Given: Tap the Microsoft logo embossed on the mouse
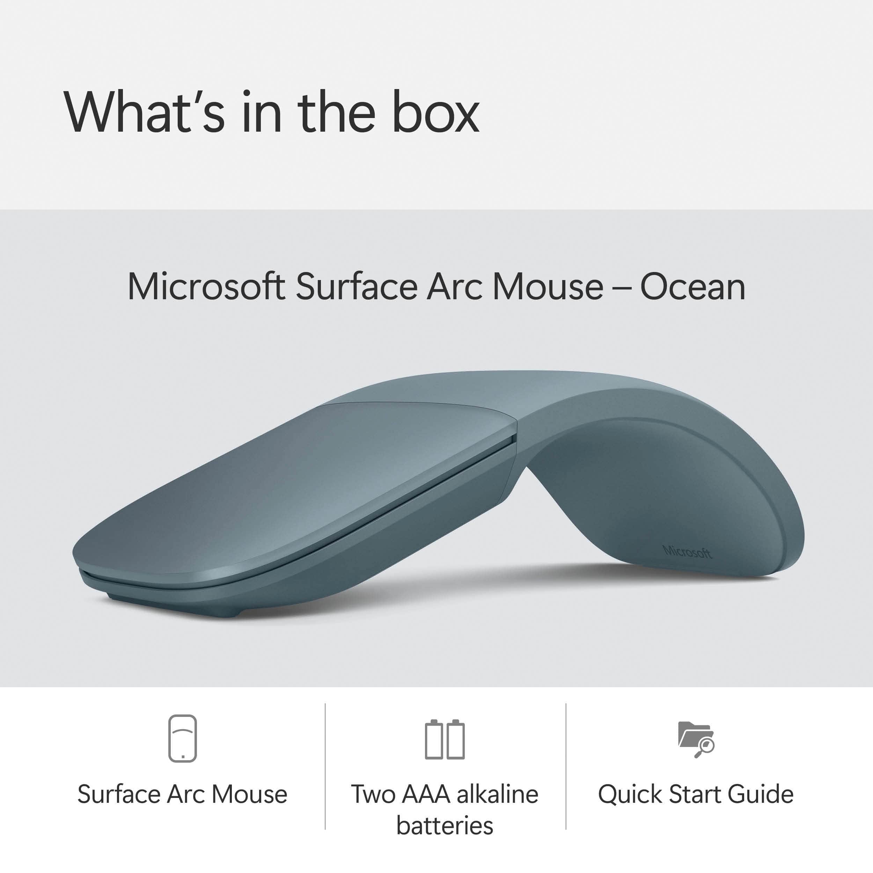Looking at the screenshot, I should [687, 552].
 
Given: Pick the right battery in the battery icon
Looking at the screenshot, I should [455, 740].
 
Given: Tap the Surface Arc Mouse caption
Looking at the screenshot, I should [183, 794].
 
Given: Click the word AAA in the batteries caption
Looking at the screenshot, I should [425, 794].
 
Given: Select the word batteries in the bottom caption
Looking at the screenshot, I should [445, 826].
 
